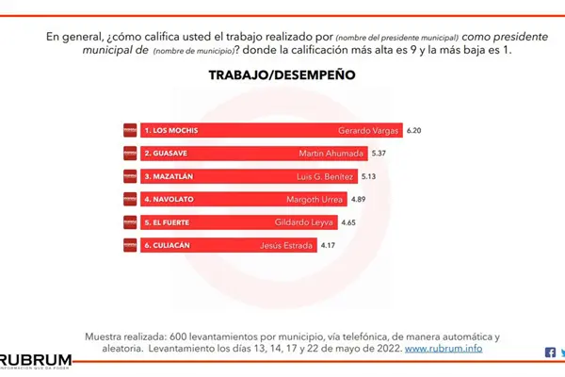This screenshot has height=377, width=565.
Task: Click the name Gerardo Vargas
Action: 368,129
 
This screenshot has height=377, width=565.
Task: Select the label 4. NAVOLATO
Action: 170,200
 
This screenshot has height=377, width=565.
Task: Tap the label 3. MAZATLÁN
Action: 170,176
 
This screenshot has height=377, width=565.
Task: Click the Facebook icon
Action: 551,352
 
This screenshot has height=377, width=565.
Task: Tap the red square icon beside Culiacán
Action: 130,246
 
